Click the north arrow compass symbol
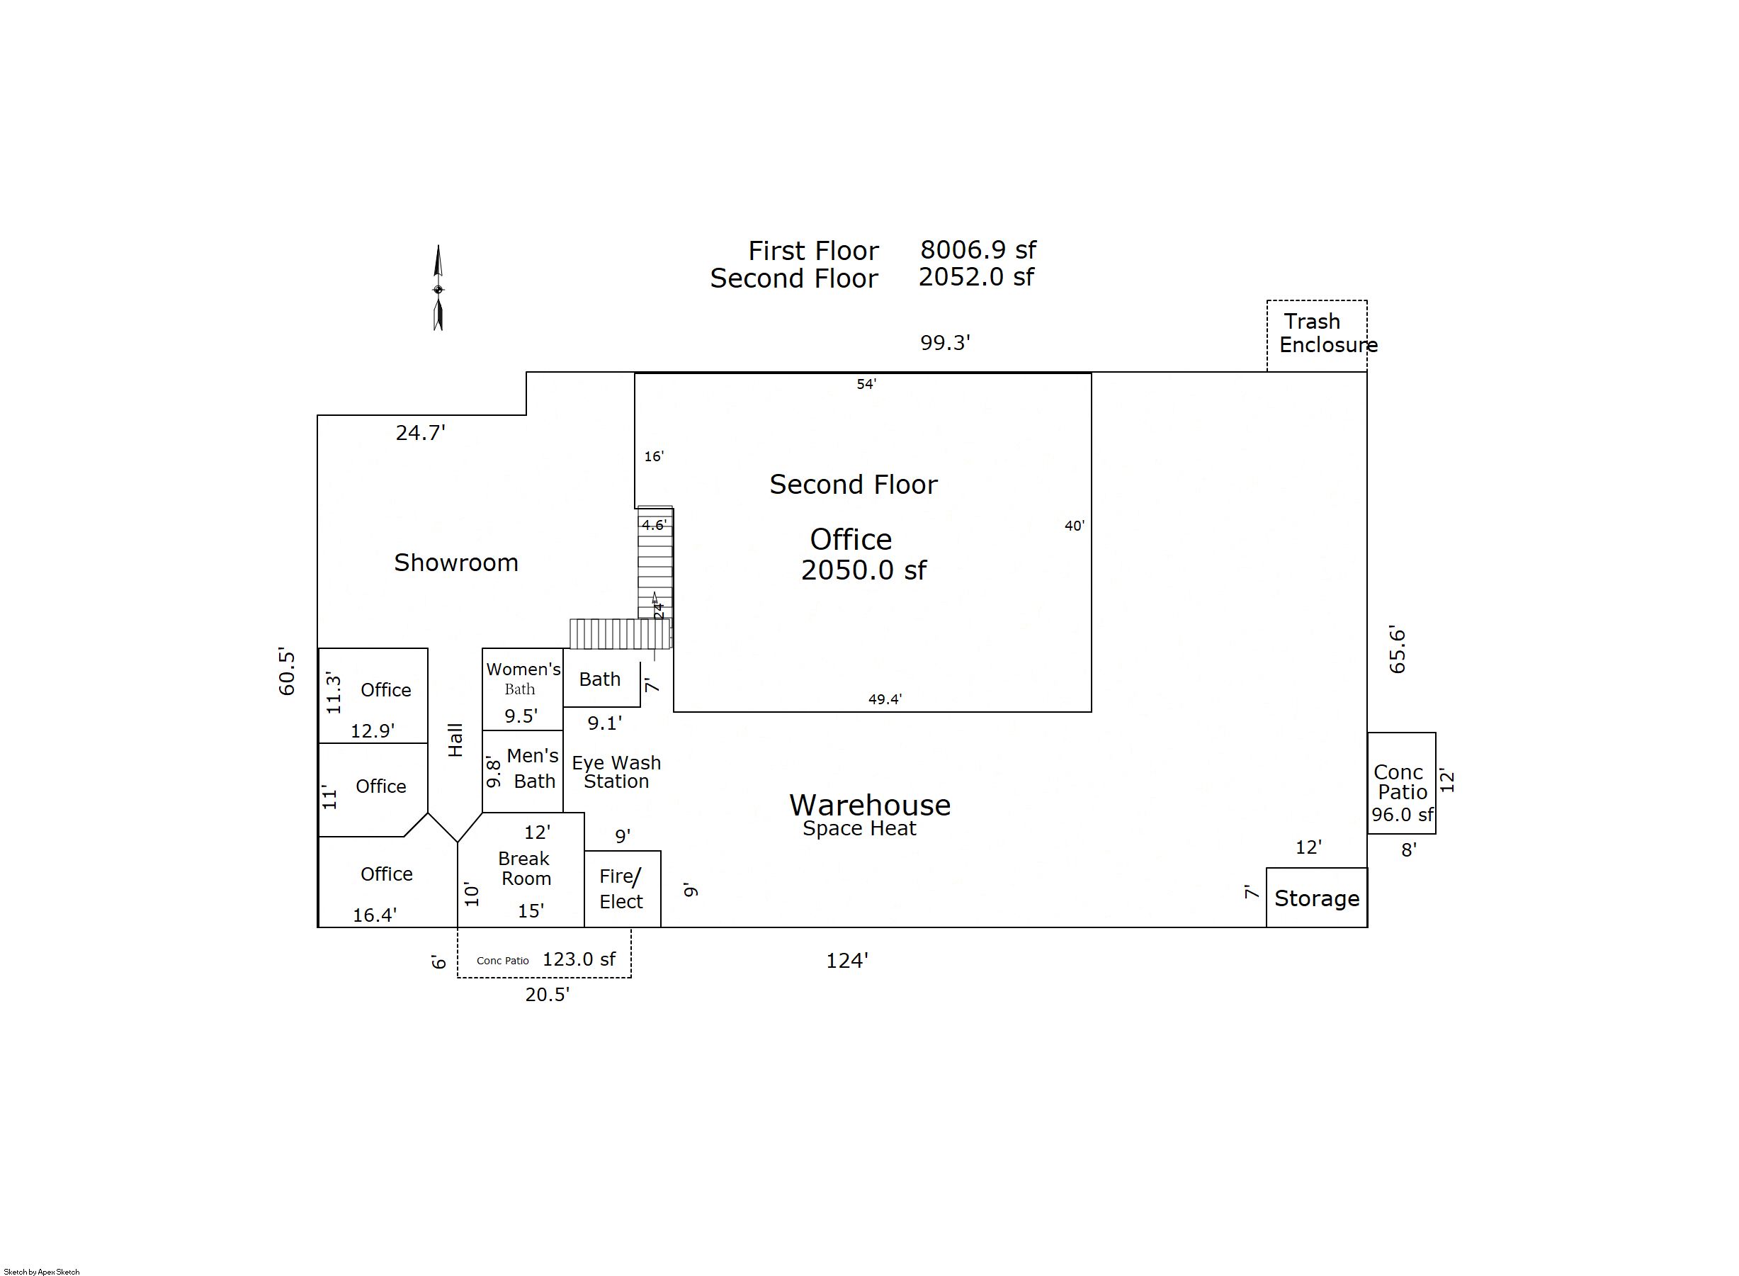pyautogui.click(x=438, y=288)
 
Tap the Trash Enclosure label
pyautogui.click(x=1328, y=333)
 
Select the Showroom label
pyautogui.click(x=456, y=563)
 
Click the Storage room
pyautogui.click(x=1317, y=898)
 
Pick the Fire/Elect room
pyautogui.click(x=623, y=889)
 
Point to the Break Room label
pyautogui.click(x=524, y=868)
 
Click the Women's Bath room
pyautogui.click(x=523, y=689)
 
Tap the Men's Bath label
pyautogui.click(x=532, y=768)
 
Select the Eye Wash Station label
pyautogui.click(x=616, y=772)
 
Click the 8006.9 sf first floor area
pyautogui.click(x=978, y=249)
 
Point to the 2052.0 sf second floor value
pyautogui.click(x=976, y=276)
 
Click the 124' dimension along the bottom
pyautogui.click(x=847, y=960)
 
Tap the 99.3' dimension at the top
pyautogui.click(x=945, y=342)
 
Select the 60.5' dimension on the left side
pyautogui.click(x=286, y=672)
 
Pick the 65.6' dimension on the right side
pyautogui.click(x=1397, y=649)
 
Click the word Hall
pyautogui.click(x=455, y=740)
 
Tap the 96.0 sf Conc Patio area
pyautogui.click(x=1403, y=814)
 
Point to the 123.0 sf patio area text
pyautogui.click(x=579, y=959)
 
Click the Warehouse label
pyautogui.click(x=870, y=805)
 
